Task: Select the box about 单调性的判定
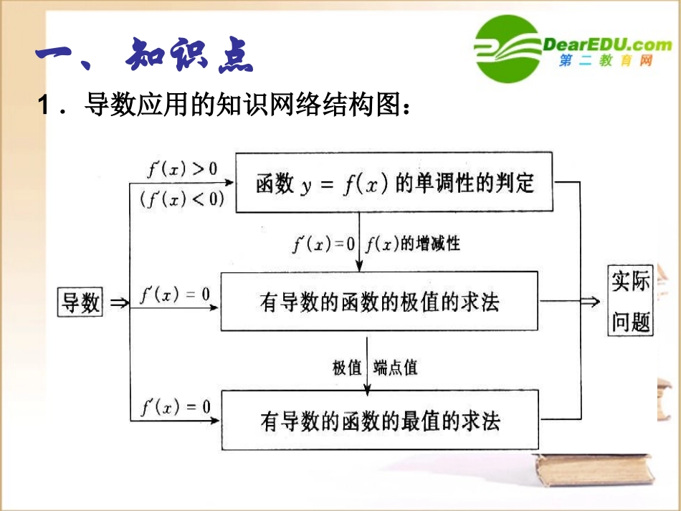pyautogui.click(x=394, y=183)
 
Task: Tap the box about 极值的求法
pyautogui.click(x=379, y=301)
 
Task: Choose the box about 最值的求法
pyautogui.click(x=379, y=419)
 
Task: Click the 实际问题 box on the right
pyautogui.click(x=631, y=301)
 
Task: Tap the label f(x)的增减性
pyautogui.click(x=412, y=244)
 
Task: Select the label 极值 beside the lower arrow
pyautogui.click(x=347, y=368)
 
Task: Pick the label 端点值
pyautogui.click(x=395, y=368)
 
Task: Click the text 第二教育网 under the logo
pyautogui.click(x=606, y=62)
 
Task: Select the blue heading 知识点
pyautogui.click(x=189, y=56)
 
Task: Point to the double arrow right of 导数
pyautogui.click(x=119, y=302)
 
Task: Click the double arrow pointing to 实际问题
pyautogui.click(x=589, y=302)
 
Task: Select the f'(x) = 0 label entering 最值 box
pyautogui.click(x=176, y=407)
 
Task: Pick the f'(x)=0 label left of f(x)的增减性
pyautogui.click(x=323, y=244)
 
